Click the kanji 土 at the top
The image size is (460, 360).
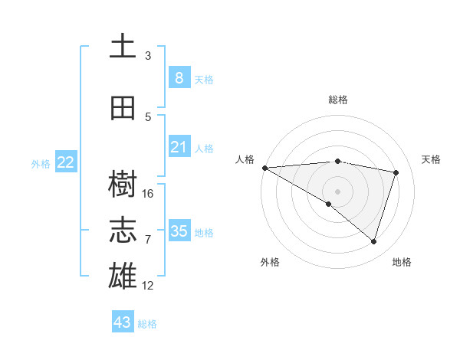pos(123,46)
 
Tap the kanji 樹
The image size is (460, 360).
pos(123,183)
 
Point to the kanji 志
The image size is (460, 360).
pos(123,231)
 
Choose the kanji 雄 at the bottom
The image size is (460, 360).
pos(123,277)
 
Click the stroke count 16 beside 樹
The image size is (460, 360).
pos(148,193)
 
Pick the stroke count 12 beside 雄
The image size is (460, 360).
pos(148,286)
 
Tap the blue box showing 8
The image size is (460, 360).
pos(179,77)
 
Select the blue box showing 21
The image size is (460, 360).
pos(179,147)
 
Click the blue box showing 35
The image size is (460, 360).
pos(179,231)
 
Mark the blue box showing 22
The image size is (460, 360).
pos(66,162)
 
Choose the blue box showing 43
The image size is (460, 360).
pos(122,322)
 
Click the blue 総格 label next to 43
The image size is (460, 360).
pos(147,324)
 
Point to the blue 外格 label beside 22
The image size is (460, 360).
pos(41,163)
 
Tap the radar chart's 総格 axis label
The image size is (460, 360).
pos(337,100)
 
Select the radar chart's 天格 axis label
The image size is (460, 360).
pos(432,159)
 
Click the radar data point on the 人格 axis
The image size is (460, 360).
pos(264,167)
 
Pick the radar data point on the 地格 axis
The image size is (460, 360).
pos(373,241)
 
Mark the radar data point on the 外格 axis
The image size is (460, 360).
pos(329,204)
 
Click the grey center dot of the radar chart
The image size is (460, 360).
pos(337,190)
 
